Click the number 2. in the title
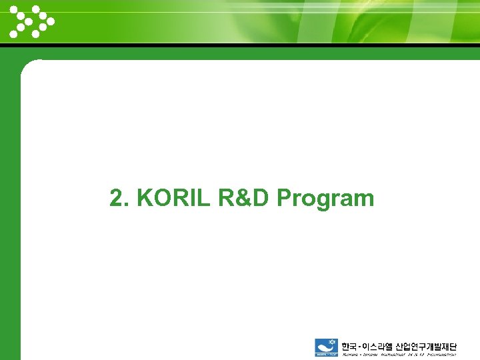tap(120, 198)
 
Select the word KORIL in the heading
tap(174, 198)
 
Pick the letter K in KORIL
tap(145, 198)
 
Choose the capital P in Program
tap(285, 198)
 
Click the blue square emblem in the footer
tap(327, 349)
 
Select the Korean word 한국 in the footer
tap(349, 347)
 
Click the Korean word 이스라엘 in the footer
tap(377, 347)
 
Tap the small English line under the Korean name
tap(399, 356)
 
